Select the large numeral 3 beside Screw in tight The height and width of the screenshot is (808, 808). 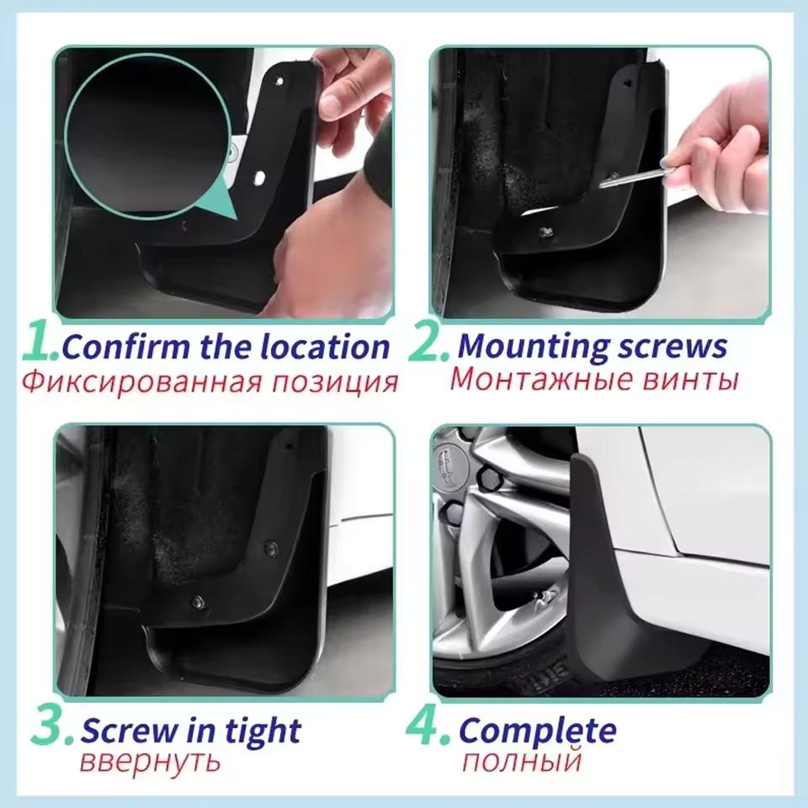[52, 729]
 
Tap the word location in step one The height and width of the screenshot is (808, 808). [324, 347]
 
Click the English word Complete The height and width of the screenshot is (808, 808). [538, 731]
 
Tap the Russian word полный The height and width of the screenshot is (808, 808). [522, 763]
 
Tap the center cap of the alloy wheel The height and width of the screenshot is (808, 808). [446, 462]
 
